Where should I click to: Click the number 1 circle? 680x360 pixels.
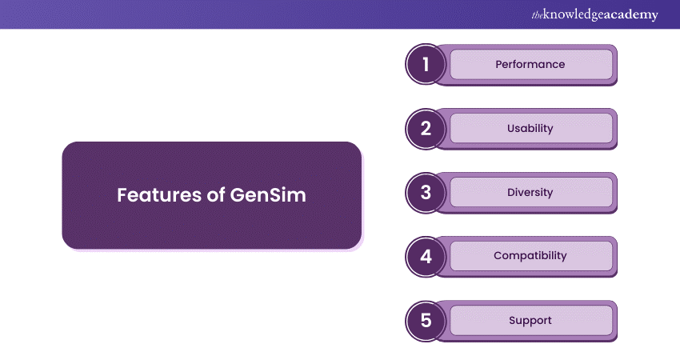426,65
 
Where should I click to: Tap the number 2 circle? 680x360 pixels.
426,129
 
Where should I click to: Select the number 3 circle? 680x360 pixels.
426,193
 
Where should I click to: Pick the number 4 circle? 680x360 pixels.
426,257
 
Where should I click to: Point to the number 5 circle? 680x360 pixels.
426,321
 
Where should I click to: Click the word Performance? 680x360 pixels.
530,64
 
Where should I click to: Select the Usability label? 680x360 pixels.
530,128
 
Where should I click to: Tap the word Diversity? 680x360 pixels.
530,192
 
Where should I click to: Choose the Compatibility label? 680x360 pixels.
530,256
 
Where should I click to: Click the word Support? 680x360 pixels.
530,320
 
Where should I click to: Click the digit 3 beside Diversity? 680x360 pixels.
426,193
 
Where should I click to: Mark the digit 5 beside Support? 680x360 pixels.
426,321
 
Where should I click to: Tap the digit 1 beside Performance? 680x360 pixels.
426,65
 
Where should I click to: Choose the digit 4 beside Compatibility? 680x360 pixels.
426,257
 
